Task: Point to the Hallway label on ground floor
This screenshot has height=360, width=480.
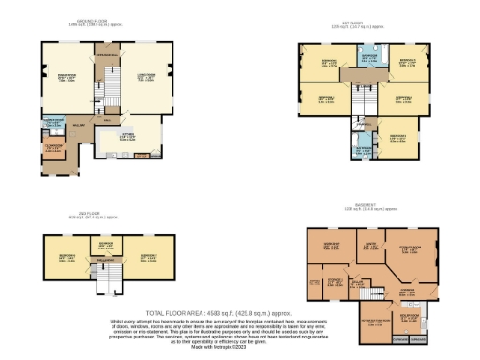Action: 82,124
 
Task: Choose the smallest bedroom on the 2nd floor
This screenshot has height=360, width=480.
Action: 104,246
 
